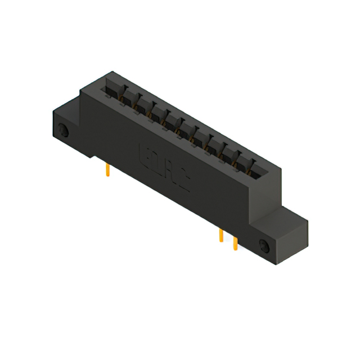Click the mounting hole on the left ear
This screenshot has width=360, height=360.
pos(64,132)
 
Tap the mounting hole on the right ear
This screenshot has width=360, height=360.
pos(264,245)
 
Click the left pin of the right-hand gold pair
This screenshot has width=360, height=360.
pos(222,235)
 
